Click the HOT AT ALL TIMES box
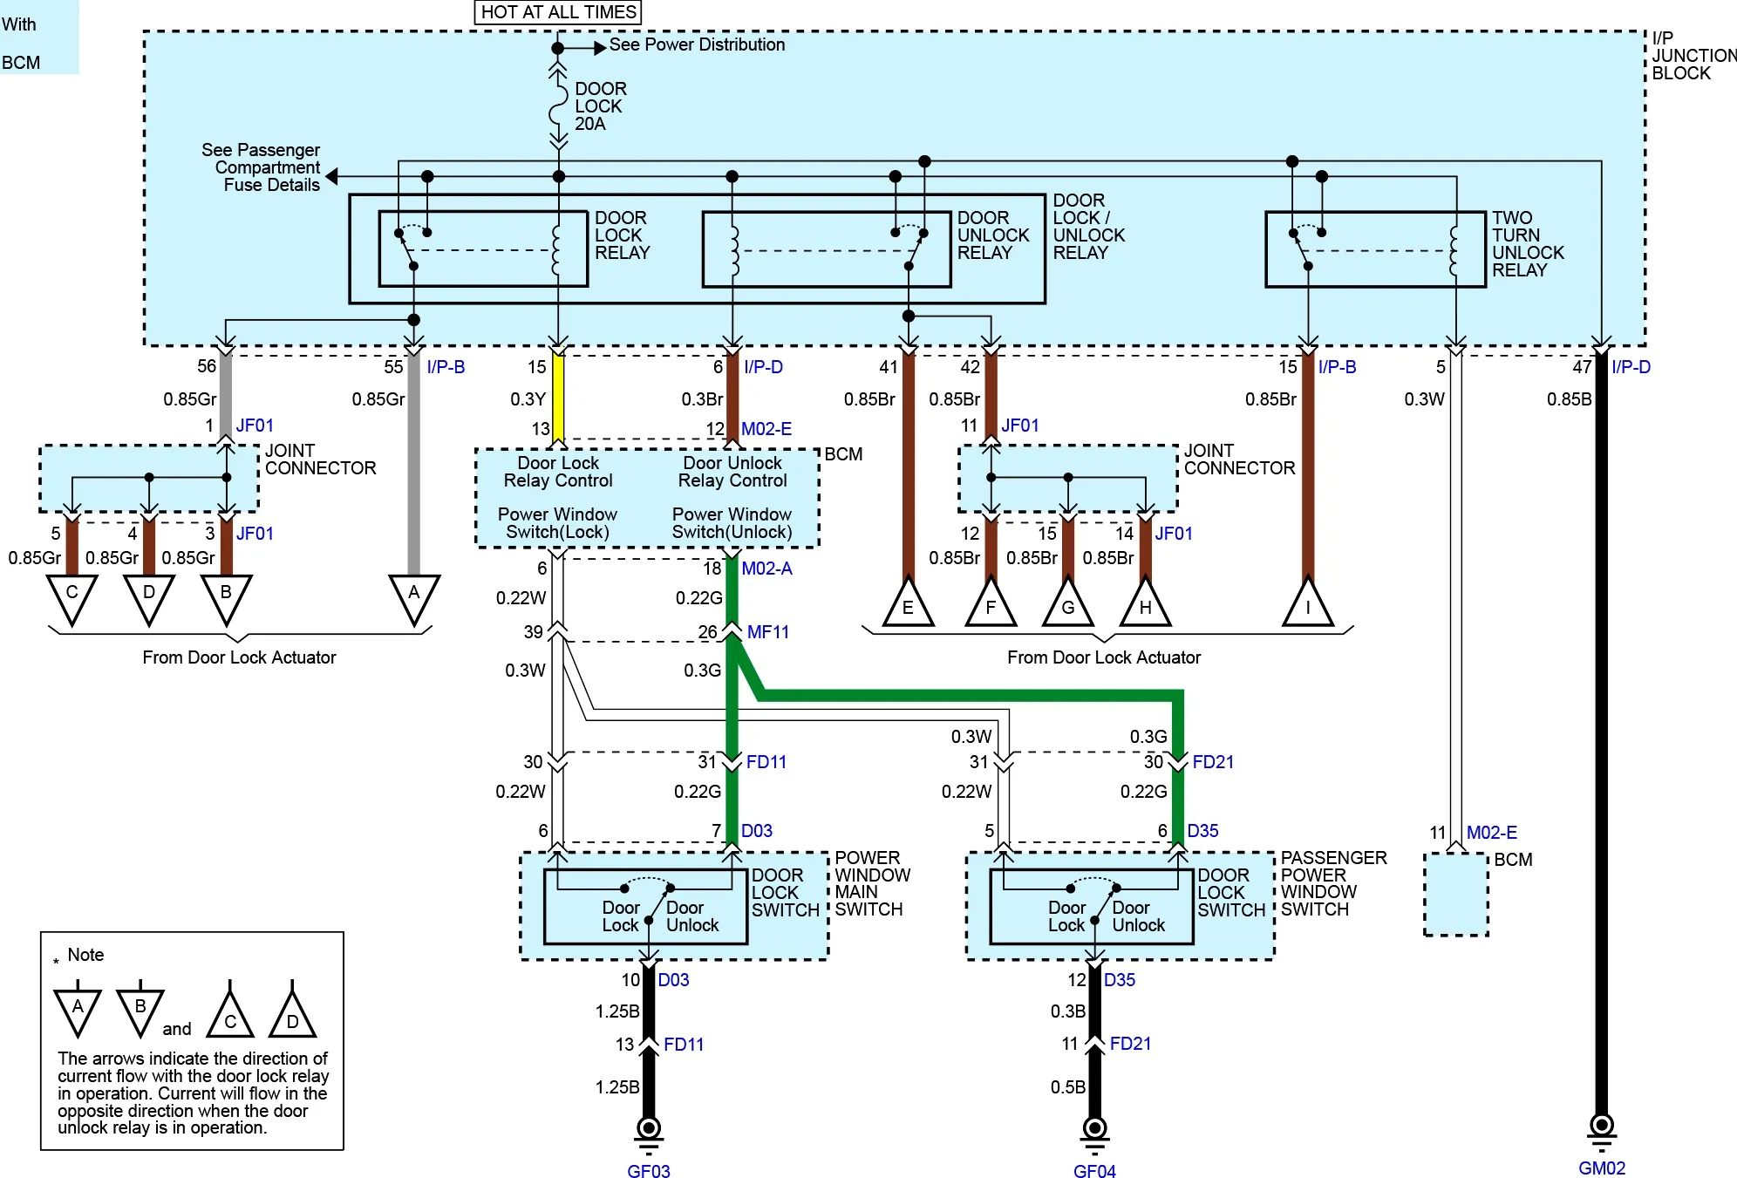[x=558, y=12]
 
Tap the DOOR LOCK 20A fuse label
[x=600, y=106]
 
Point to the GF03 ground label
[x=649, y=1171]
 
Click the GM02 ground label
[x=1602, y=1168]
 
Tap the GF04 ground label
[x=1094, y=1171]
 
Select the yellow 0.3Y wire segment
[x=558, y=398]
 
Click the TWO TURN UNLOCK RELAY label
[x=1528, y=243]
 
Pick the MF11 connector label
[x=767, y=632]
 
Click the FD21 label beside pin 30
[x=1213, y=762]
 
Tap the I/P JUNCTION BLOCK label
[x=1693, y=56]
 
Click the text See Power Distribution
[x=697, y=44]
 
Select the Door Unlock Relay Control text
[x=732, y=472]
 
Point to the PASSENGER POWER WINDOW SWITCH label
[x=1333, y=883]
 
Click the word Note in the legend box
[x=85, y=955]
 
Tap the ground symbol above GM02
[x=1602, y=1131]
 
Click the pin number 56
[x=207, y=366]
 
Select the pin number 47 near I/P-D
[x=1582, y=367]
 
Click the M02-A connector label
[x=766, y=569]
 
